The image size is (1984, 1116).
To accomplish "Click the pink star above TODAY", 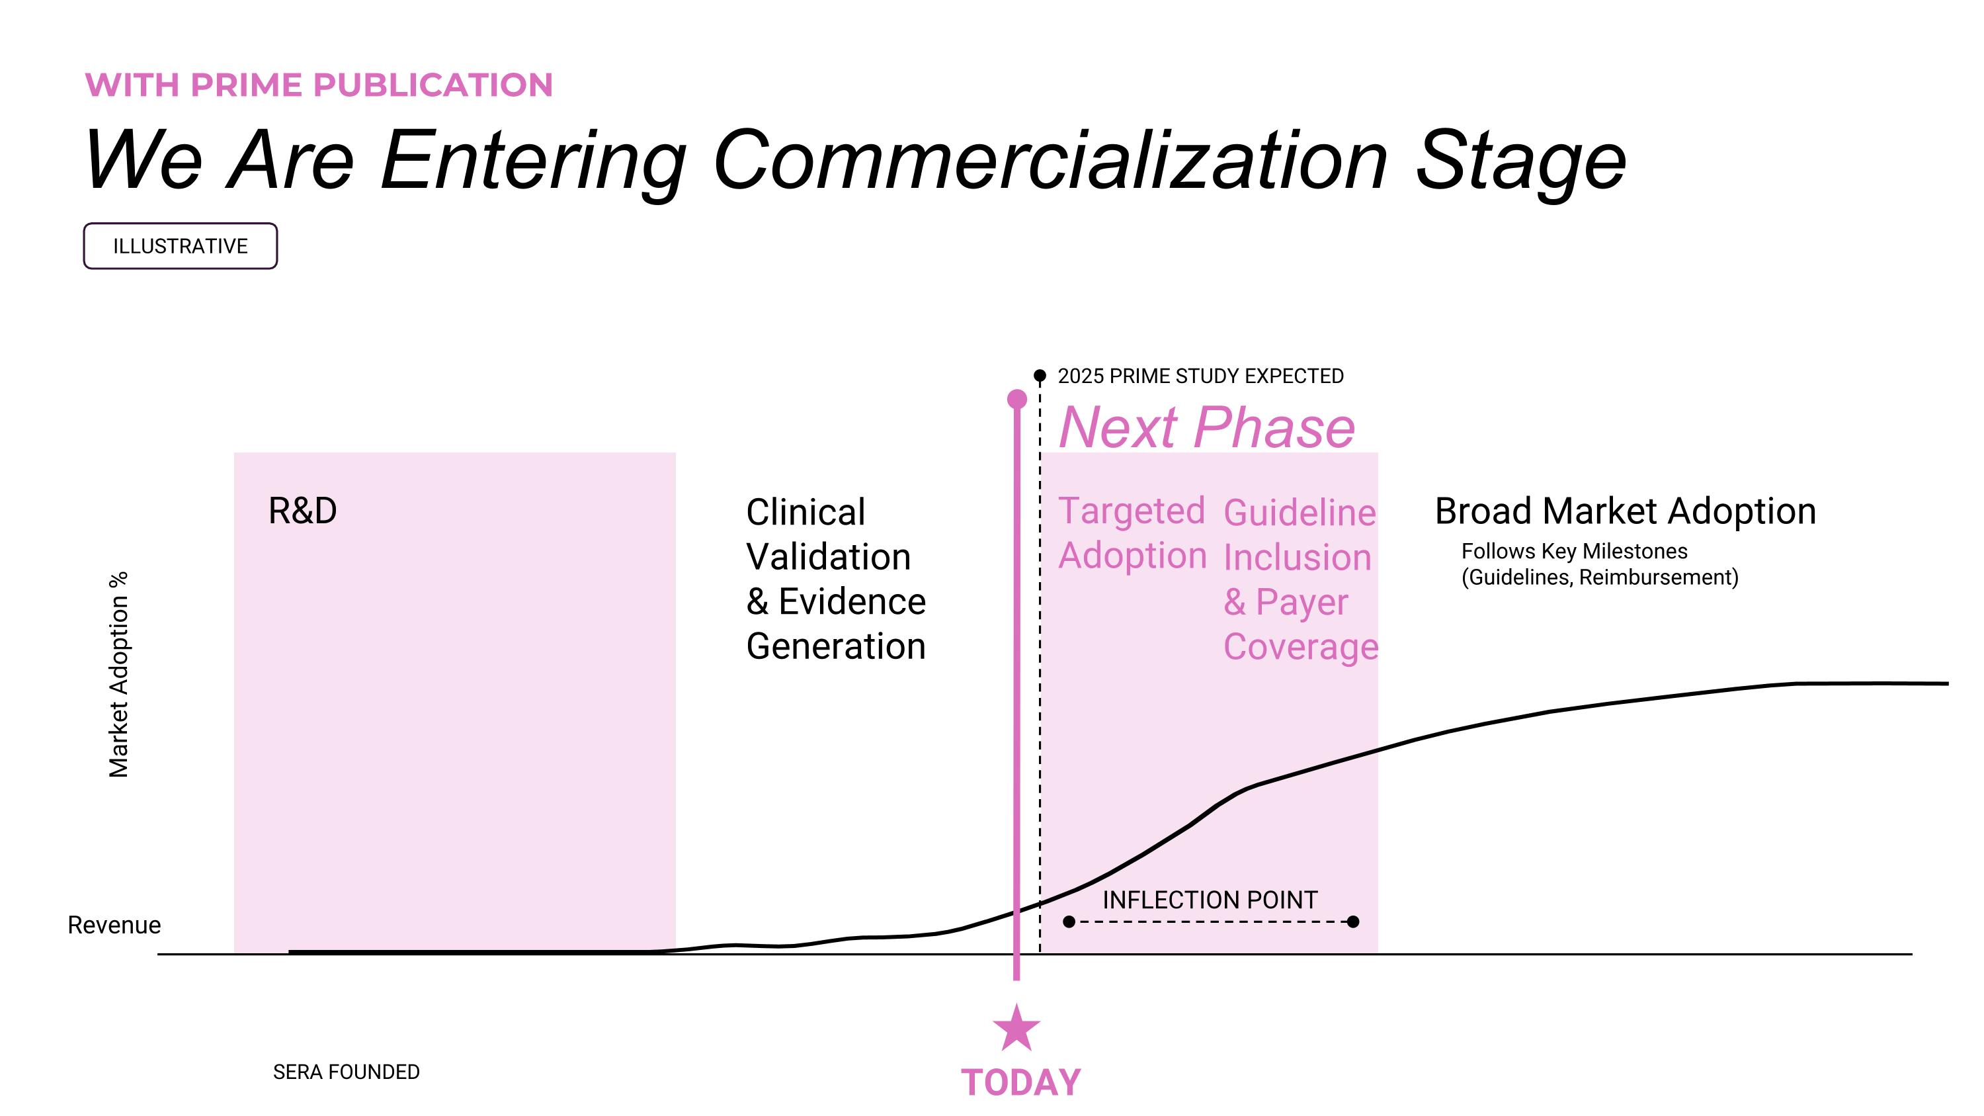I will [x=1016, y=1029].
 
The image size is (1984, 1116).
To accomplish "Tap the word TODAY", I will [x=1020, y=1082].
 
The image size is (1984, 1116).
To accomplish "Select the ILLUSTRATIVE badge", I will [x=181, y=245].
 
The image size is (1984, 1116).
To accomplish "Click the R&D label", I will [x=302, y=511].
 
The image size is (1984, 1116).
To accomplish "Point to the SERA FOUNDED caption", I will [x=346, y=1071].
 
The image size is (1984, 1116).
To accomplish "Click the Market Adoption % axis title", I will [x=118, y=674].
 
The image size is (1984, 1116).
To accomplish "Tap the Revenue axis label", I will [x=114, y=924].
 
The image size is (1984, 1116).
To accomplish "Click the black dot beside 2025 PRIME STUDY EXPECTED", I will [x=1040, y=376].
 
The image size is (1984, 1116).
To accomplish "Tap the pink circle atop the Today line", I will [x=1016, y=399].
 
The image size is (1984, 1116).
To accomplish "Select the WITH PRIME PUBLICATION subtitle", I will [x=319, y=85].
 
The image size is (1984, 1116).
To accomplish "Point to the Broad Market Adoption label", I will [x=1625, y=511].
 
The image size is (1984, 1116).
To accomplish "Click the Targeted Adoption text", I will [x=1132, y=533].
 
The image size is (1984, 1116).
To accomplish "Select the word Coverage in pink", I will [x=1300, y=646].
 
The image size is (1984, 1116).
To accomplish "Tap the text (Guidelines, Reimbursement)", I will [x=1600, y=577].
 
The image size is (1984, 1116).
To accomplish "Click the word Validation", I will [x=828, y=556].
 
